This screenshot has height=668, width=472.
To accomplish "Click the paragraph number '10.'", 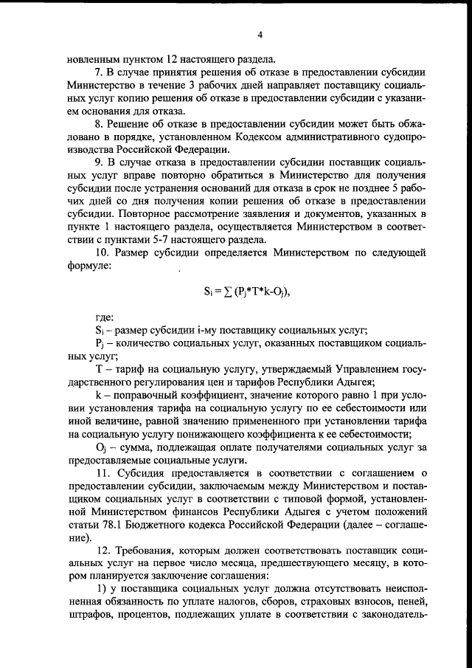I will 105,252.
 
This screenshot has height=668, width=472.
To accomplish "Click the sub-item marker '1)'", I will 103,589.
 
